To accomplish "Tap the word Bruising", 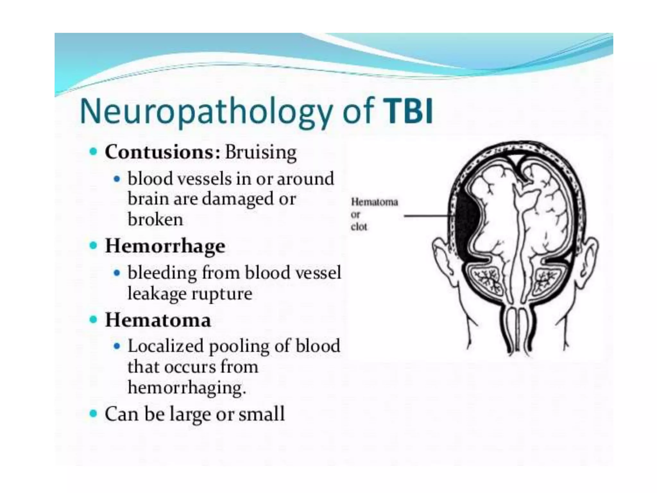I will point(260,153).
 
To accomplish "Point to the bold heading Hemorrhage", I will point(165,246).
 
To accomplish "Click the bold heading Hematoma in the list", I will point(158,320).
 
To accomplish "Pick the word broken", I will point(155,220).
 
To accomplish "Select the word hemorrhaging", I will point(186,387).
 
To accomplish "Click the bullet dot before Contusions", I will point(93,152).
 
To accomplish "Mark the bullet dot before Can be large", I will point(93,413).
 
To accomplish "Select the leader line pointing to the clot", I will point(427,216).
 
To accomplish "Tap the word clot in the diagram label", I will point(359,227).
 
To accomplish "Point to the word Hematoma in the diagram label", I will point(374,202).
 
